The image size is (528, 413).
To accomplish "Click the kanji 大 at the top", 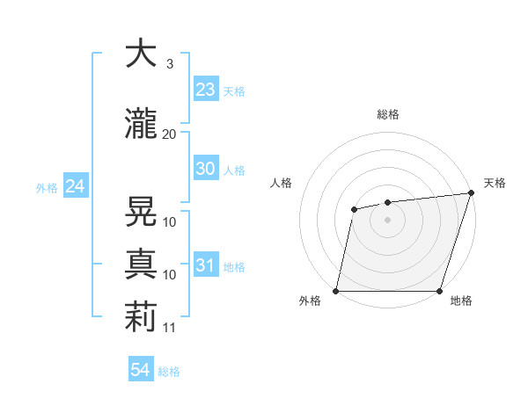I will (141, 54).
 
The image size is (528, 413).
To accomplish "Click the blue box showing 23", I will (205, 90).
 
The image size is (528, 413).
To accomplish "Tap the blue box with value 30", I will (205, 169).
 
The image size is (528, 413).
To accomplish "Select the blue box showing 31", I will (205, 265).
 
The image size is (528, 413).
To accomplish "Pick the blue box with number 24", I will (75, 186).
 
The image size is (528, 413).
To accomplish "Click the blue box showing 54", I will (141, 370).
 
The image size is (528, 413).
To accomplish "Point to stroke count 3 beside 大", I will (169, 64).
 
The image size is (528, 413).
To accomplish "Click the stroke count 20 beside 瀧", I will (169, 134).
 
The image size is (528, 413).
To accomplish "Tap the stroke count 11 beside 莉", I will (170, 327).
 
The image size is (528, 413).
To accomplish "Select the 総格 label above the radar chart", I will (388, 114).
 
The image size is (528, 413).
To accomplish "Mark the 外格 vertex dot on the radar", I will (336, 291).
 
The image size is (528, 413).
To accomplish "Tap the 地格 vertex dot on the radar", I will (439, 291).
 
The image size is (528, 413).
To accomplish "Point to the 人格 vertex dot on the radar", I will (354, 209).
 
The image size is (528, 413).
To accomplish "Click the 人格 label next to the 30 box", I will (234, 170).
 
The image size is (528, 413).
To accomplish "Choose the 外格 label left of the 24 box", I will (47, 187).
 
